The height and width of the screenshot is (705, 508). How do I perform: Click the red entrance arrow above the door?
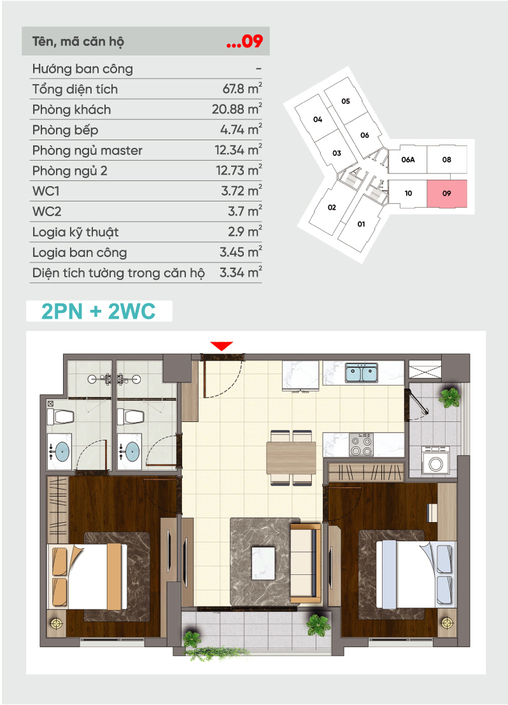[222, 345]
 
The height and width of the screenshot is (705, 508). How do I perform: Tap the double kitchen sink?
[361, 373]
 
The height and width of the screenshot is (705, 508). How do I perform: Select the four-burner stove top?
[361, 445]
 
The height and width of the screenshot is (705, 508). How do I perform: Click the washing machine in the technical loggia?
[435, 460]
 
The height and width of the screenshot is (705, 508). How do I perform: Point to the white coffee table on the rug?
[263, 562]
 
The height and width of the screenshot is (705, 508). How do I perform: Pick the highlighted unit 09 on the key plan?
[447, 194]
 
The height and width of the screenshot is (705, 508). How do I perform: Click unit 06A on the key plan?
[407, 159]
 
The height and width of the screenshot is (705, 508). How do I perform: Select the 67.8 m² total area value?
[242, 89]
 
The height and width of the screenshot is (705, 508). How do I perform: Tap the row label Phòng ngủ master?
[87, 150]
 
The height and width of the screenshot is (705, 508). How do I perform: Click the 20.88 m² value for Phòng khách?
[237, 109]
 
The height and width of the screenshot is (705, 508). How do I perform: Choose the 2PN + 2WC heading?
[99, 311]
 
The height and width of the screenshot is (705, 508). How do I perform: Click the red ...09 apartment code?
[244, 41]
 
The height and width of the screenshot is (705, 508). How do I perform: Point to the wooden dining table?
[291, 458]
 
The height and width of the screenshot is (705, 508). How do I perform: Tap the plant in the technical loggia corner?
[449, 398]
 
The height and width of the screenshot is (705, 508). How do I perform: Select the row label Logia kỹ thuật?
[76, 232]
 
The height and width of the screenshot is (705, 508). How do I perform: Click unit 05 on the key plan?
[345, 101]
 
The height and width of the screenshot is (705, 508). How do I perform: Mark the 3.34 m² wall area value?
[241, 272]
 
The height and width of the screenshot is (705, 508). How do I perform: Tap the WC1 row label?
[45, 191]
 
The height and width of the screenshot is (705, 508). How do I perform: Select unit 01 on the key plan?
[361, 224]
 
